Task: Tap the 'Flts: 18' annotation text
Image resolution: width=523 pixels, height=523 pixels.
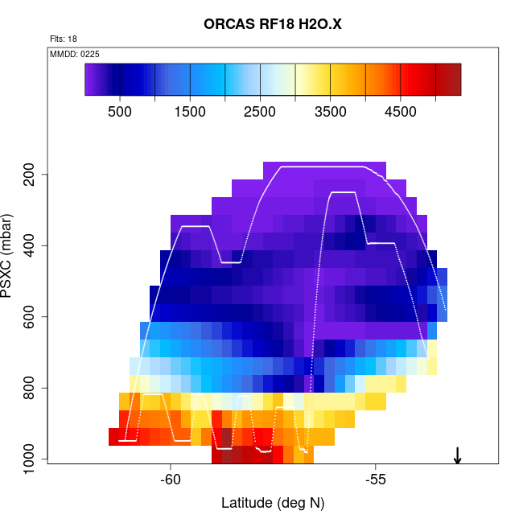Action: [x=63, y=39]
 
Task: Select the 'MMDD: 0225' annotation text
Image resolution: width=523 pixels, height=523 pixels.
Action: [x=75, y=54]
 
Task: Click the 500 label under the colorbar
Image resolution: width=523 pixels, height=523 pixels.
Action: [x=120, y=111]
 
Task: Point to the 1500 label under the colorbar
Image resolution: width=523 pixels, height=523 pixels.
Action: [x=190, y=111]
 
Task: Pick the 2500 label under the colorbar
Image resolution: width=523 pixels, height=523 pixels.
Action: [x=260, y=111]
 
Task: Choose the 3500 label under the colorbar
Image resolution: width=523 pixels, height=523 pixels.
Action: [x=331, y=111]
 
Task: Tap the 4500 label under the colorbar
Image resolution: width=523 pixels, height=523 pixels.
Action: [x=401, y=111]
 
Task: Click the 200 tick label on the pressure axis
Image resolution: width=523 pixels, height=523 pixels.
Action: [x=31, y=175]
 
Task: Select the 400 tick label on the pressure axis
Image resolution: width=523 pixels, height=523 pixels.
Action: [x=31, y=245]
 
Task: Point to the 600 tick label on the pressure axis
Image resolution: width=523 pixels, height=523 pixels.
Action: [x=31, y=317]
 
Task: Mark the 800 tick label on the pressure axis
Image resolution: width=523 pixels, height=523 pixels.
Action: [x=31, y=388]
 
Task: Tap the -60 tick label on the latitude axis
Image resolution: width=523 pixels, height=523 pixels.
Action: [x=171, y=480]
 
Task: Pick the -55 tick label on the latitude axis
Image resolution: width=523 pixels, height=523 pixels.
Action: [x=376, y=480]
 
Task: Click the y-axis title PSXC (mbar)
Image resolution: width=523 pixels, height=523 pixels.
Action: [x=10, y=256]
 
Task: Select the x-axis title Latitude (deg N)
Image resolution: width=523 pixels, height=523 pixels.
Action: [x=273, y=504]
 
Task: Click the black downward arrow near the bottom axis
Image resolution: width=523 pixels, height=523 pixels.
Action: [x=457, y=455]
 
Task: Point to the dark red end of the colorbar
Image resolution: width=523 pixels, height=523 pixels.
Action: [x=451, y=80]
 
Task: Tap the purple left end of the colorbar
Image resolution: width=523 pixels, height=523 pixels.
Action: [x=92, y=80]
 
